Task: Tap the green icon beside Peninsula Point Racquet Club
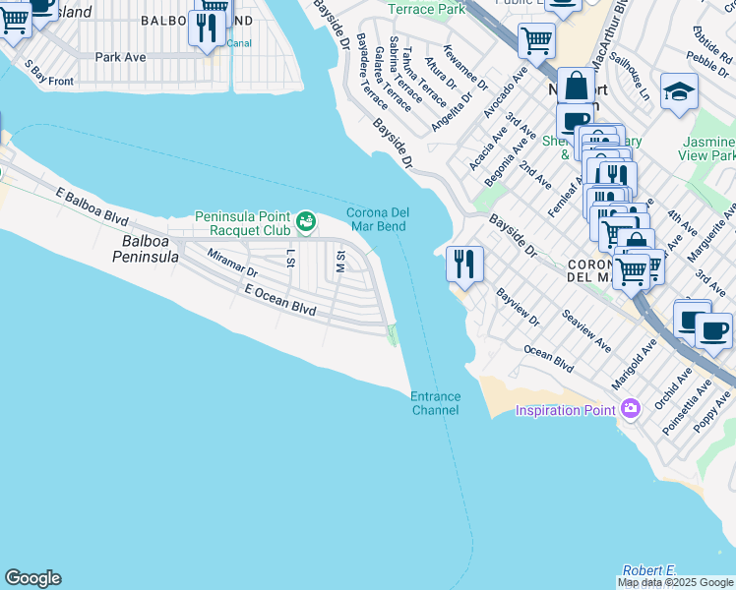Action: click(x=306, y=218)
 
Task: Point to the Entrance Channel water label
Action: click(x=435, y=403)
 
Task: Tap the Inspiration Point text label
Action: click(x=565, y=410)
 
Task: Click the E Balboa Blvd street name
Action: click(x=92, y=206)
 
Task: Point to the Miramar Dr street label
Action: click(x=232, y=263)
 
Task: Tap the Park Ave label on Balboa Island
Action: click(x=121, y=57)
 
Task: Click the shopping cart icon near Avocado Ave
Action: click(x=536, y=40)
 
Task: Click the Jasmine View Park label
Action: click(x=708, y=148)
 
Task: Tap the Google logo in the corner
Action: click(x=32, y=578)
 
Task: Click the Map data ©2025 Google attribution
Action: click(x=675, y=582)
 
